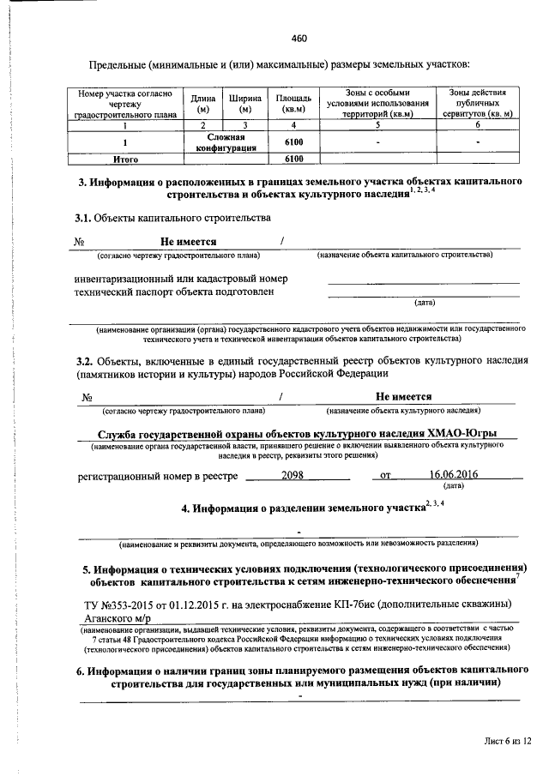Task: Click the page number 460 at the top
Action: (299, 38)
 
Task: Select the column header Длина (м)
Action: (203, 104)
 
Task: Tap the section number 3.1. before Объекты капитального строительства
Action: (83, 219)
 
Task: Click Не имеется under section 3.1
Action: (188, 242)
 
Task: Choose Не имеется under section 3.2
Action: (403, 396)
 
